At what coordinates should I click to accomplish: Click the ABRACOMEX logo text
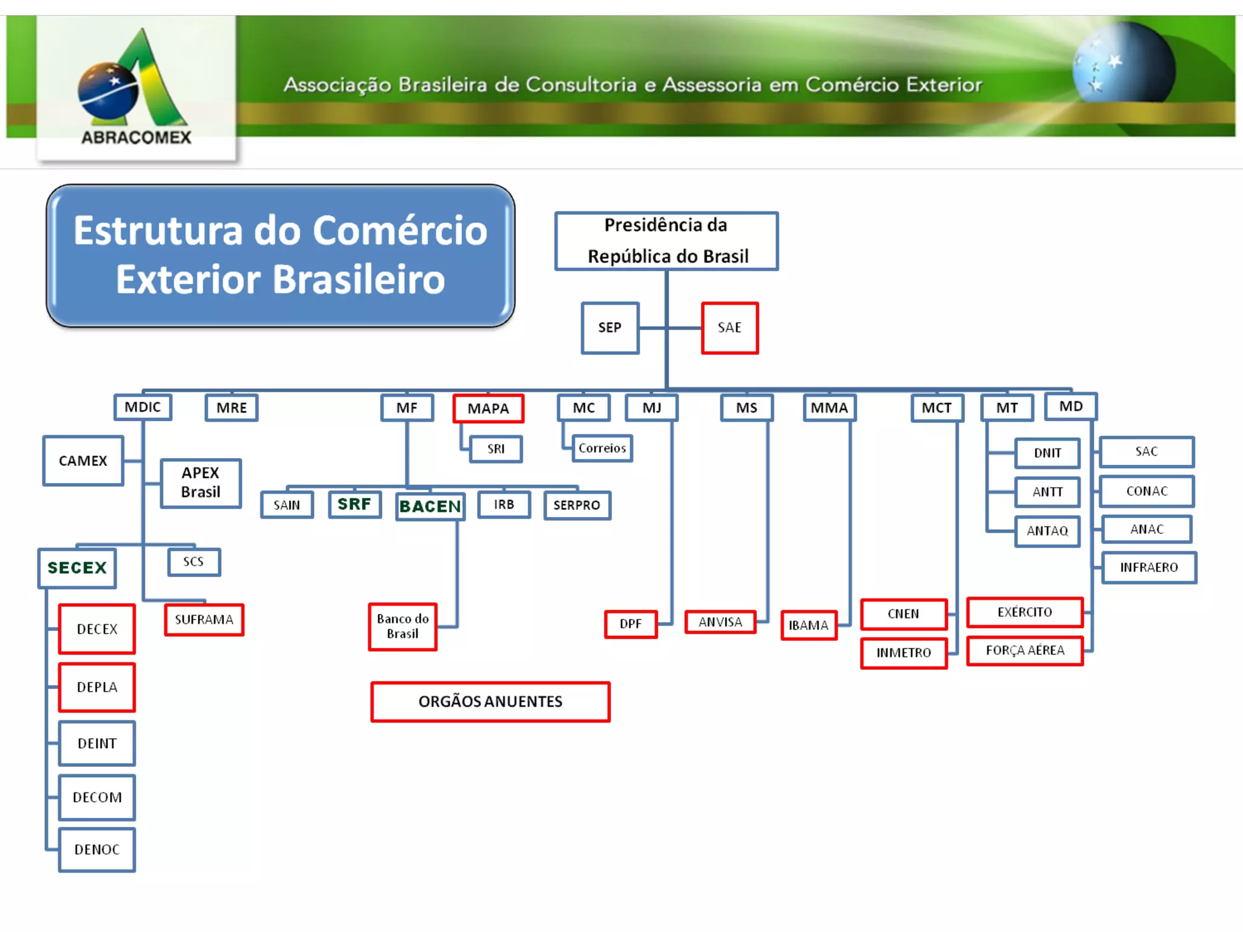click(x=136, y=138)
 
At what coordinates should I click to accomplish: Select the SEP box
click(x=610, y=328)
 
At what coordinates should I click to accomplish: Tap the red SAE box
click(x=730, y=328)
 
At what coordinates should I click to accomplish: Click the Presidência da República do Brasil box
click(x=666, y=241)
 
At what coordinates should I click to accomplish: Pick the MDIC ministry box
click(x=143, y=407)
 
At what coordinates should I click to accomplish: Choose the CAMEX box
click(x=83, y=461)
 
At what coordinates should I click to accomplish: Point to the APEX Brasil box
click(x=201, y=482)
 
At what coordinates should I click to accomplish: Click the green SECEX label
click(x=77, y=568)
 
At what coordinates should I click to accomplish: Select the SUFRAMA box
click(x=204, y=620)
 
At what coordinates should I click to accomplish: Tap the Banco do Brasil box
click(x=402, y=626)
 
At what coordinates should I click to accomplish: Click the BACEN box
click(x=430, y=506)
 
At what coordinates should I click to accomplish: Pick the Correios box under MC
click(x=602, y=448)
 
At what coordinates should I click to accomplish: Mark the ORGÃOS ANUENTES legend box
click(x=490, y=701)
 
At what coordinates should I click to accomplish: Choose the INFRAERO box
click(x=1149, y=567)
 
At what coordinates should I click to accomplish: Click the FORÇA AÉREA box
click(x=1025, y=650)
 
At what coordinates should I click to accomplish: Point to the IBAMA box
click(x=808, y=625)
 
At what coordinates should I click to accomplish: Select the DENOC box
click(x=97, y=849)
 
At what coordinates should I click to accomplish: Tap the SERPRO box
click(x=577, y=505)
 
